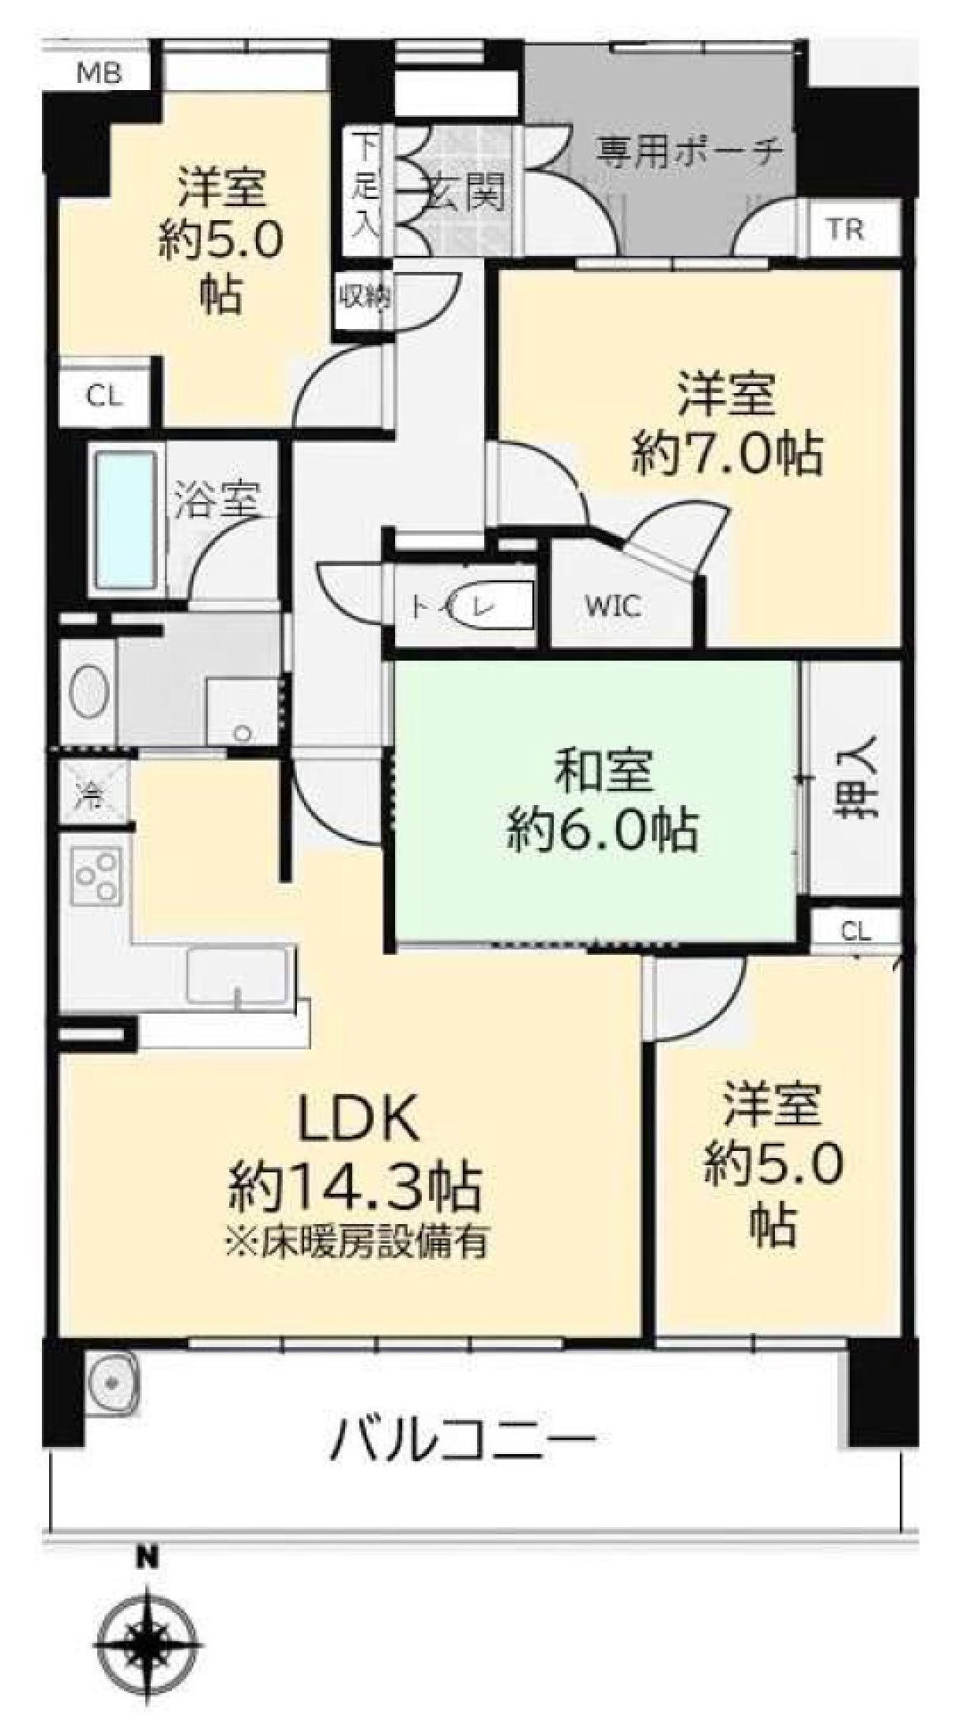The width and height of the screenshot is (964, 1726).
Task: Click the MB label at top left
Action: [x=99, y=73]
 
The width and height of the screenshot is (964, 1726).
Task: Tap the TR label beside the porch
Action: [x=845, y=230]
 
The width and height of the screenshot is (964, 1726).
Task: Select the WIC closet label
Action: [x=613, y=607]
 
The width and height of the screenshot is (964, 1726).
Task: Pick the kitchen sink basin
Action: [x=239, y=976]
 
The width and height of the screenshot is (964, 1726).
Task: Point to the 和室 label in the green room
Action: [x=603, y=773]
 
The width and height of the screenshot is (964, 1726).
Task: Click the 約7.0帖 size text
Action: [x=727, y=454]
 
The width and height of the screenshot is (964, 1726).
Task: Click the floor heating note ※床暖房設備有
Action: [x=357, y=1242]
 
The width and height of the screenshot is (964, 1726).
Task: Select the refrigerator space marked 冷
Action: [x=93, y=789]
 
